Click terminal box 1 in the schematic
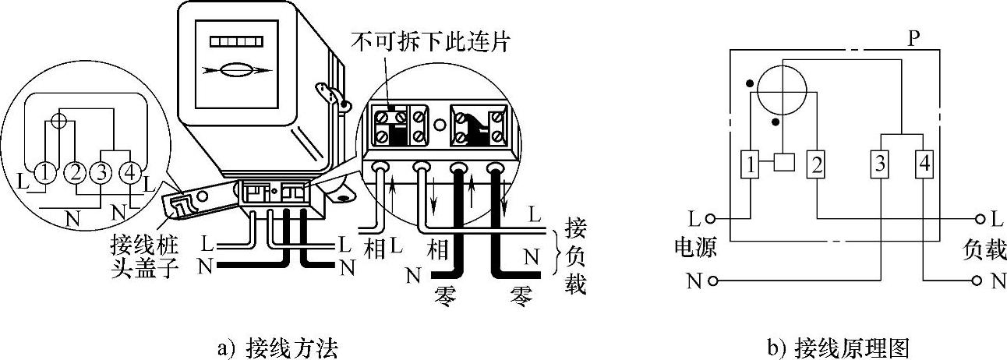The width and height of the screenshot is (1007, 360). [750, 164]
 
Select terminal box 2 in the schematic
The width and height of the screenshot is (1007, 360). [816, 164]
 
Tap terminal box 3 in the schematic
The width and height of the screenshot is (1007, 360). [879, 164]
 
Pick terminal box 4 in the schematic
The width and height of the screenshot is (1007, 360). [924, 164]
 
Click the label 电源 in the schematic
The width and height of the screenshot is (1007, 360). [697, 249]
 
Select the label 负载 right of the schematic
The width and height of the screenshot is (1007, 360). [985, 249]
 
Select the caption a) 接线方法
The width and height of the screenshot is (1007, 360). [277, 348]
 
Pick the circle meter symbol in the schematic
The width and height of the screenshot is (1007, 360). [783, 89]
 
